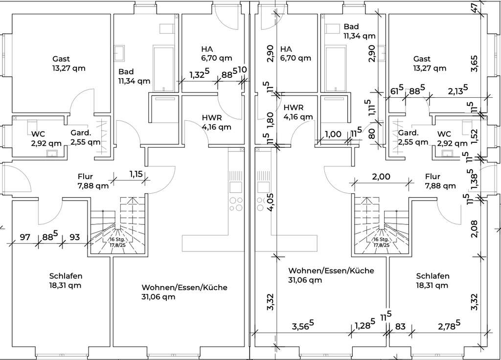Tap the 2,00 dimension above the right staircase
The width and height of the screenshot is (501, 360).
pyautogui.click(x=381, y=177)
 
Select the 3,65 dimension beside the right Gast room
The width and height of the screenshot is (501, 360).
pyautogui.click(x=474, y=63)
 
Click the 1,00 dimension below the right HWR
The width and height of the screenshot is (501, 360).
pyautogui.click(x=333, y=135)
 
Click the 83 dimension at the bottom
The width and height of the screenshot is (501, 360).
pyautogui.click(x=400, y=326)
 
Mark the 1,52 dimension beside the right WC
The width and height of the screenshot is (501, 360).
pyautogui.click(x=474, y=134)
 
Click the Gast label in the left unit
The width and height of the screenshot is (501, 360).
pyautogui.click(x=61, y=59)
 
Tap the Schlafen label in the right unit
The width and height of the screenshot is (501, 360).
pyautogui.click(x=433, y=276)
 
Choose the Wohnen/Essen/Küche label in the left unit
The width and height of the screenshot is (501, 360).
pyautogui.click(x=184, y=288)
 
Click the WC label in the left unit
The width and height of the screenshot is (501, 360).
pyautogui.click(x=38, y=134)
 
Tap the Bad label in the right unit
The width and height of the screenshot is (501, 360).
pyautogui.click(x=351, y=26)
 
